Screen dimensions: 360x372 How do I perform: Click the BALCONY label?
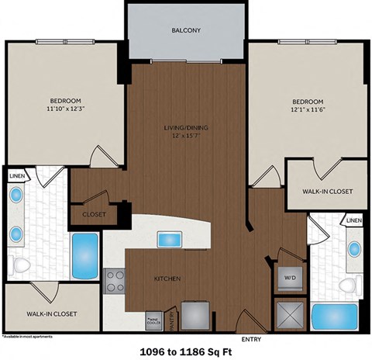click(186, 31)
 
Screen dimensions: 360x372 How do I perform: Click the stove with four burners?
click(115, 280)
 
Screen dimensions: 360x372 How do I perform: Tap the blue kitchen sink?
click(168, 239)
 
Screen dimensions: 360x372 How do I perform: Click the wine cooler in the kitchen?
click(152, 318)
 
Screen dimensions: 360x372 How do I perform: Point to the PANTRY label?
click(170, 316)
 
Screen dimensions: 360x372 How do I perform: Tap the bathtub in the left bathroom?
click(85, 254)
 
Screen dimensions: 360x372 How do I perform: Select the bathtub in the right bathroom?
click(333, 317)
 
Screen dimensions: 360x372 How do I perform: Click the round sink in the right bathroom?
click(353, 249)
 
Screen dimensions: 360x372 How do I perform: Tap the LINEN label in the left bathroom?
click(16, 176)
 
